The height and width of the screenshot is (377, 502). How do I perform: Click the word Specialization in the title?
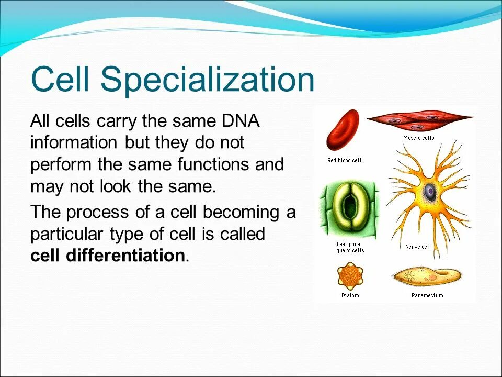coord(208,80)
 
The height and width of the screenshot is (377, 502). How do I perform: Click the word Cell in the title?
coord(60,79)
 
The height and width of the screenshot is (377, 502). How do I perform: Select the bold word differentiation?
coord(125,255)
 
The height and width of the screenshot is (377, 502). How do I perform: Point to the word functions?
coord(213,164)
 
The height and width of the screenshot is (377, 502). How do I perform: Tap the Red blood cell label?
coord(344,160)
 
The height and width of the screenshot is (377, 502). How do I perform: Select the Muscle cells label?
coord(419,138)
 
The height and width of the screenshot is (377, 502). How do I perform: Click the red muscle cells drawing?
coord(420,121)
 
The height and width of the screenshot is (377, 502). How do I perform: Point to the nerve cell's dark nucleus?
coord(430,192)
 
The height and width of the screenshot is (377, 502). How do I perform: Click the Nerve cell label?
coord(418,247)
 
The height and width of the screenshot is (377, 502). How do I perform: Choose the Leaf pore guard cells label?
coord(350,248)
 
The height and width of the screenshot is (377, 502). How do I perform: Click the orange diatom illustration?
coord(350,276)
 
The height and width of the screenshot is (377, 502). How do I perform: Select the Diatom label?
coord(350,295)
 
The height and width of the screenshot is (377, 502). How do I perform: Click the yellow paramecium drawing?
coord(427,276)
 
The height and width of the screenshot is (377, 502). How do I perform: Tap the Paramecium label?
coord(427,295)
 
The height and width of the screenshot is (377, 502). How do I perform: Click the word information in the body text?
coord(74,142)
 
